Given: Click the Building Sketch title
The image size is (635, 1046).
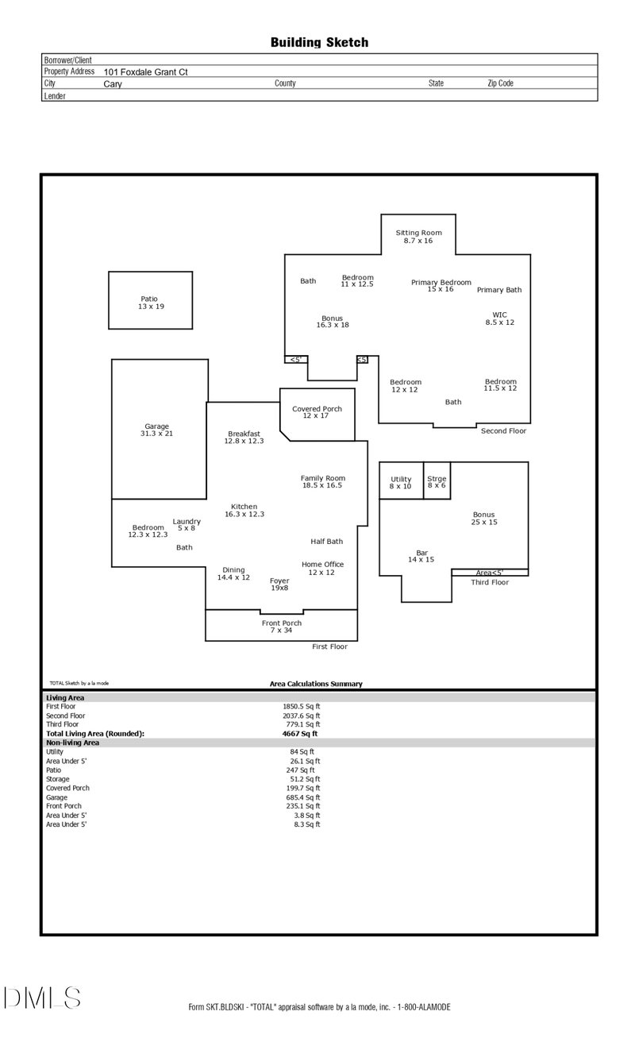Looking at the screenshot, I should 319,43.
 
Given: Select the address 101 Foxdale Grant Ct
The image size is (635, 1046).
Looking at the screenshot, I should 145,71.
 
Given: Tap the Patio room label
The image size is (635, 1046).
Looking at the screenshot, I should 150,303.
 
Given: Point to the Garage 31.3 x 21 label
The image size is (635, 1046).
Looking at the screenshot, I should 156,430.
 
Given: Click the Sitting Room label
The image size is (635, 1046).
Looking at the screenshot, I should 418,236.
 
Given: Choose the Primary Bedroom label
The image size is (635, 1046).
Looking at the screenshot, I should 441,285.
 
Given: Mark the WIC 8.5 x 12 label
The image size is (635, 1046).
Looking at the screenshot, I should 500,318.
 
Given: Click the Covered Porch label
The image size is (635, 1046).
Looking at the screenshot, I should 317,412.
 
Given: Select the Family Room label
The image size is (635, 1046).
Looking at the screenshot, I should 322,481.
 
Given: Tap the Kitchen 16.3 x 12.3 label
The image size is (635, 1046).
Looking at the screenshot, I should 244,510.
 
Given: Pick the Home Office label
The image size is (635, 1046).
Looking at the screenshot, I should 322,568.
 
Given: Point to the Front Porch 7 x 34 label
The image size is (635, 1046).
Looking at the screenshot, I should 282,627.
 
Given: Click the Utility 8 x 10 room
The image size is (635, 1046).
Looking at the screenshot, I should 401,482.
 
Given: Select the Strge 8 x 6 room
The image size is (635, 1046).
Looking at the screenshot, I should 437,481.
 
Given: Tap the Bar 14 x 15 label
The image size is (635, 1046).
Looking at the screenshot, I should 422,556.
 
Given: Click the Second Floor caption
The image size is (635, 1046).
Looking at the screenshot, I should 503,430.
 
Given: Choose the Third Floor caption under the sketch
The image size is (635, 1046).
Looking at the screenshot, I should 490,582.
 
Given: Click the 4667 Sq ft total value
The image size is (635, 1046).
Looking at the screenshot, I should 301,734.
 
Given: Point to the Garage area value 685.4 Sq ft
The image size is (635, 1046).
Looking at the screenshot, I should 302,797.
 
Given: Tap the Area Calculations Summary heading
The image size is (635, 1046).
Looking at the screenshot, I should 316,683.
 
